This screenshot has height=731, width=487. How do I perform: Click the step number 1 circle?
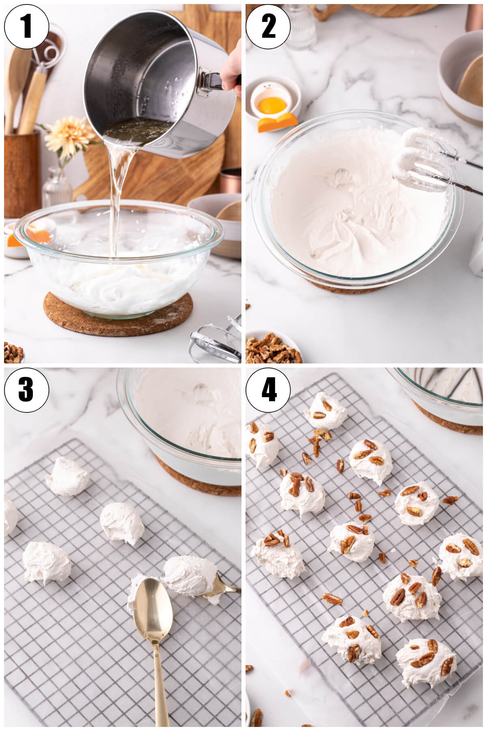click(26, 27)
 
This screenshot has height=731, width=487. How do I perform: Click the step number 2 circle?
click(268, 27)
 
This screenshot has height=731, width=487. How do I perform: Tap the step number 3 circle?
click(26, 389)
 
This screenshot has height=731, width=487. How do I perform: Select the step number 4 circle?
click(268, 389)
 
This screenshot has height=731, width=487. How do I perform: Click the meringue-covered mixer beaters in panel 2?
click(418, 162)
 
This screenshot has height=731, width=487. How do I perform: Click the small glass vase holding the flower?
click(57, 189)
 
